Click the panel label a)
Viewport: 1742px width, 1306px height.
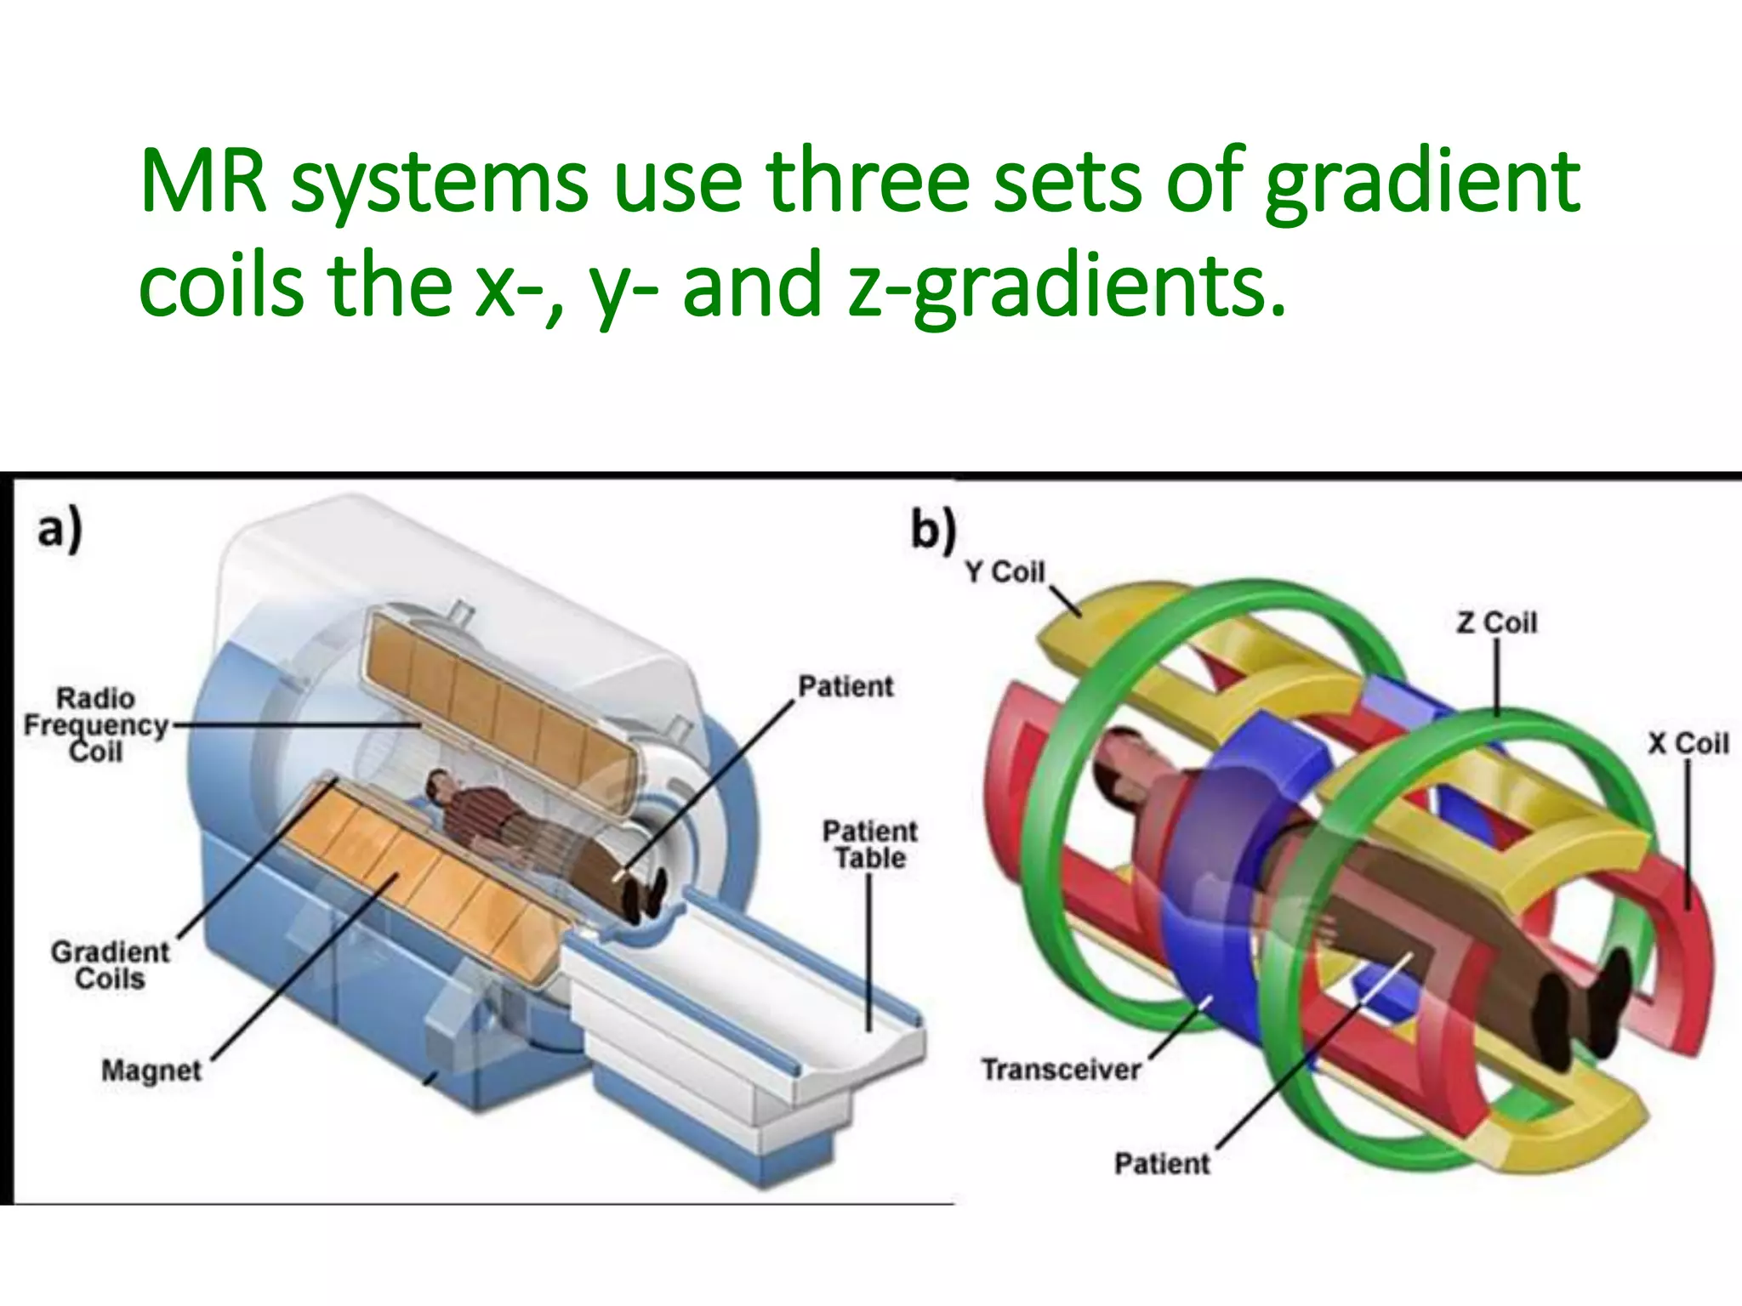[60, 529]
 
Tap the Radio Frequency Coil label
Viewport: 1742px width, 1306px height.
[96, 725]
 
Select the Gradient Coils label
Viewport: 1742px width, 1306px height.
[110, 965]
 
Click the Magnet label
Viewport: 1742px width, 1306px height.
[151, 1070]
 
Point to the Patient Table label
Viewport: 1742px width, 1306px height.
[869, 844]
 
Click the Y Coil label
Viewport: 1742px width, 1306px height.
[1005, 572]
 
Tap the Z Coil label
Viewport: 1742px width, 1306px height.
[1497, 623]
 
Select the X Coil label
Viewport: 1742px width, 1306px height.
[1688, 744]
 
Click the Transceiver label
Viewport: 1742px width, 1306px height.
[1061, 1070]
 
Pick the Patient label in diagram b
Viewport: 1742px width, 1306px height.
[1162, 1163]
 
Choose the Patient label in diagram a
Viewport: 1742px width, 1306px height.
[845, 686]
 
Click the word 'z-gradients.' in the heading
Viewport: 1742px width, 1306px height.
[1067, 287]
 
